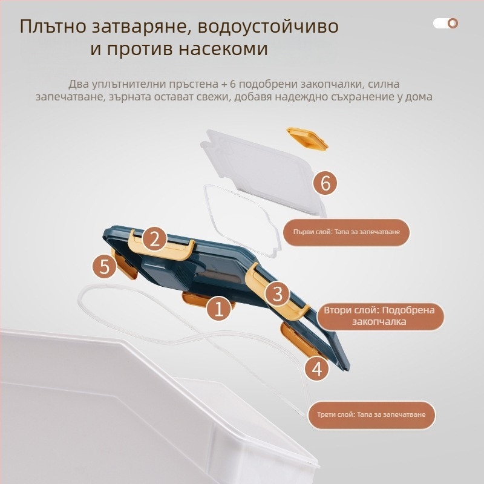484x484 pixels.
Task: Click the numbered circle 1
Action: [x=219, y=309]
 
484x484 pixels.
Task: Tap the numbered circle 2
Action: [x=155, y=239]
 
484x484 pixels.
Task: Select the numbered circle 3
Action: [x=278, y=294]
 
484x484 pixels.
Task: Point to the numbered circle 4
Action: [x=316, y=367]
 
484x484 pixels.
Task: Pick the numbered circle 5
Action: [x=105, y=267]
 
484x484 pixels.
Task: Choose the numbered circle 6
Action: [x=325, y=183]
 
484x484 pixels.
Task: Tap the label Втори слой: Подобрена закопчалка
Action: [x=379, y=316]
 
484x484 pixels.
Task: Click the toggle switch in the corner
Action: [x=445, y=24]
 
